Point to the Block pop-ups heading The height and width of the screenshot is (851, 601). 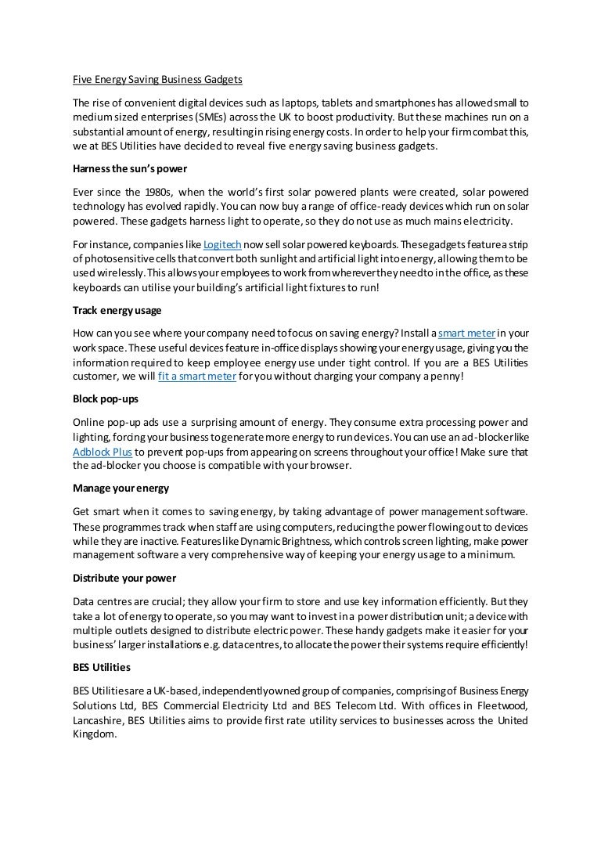tap(106, 398)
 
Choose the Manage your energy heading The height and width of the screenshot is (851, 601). tap(121, 489)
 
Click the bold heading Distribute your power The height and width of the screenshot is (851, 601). tap(124, 578)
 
